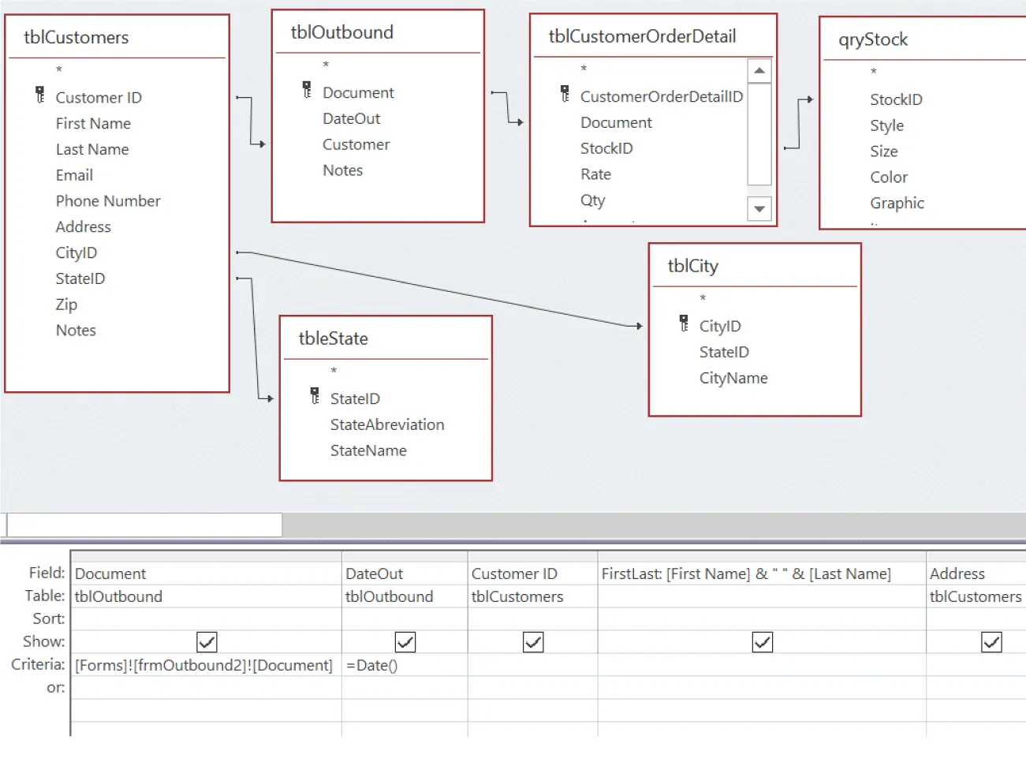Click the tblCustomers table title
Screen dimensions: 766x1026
(76, 37)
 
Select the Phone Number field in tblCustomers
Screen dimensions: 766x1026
(108, 201)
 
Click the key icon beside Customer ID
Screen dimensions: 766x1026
(40, 95)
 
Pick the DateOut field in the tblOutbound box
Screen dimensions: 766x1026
(351, 118)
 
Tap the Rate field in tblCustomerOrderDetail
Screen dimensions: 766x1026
(595, 174)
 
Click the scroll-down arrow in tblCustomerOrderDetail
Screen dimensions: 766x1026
(759, 209)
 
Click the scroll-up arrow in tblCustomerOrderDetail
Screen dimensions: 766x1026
(759, 71)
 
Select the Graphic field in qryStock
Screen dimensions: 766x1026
(897, 203)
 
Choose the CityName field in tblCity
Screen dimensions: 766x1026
(733, 378)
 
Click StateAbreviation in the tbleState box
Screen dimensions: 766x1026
(387, 424)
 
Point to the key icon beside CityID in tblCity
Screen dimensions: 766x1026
(684, 323)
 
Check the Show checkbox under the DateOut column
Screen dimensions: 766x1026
(405, 642)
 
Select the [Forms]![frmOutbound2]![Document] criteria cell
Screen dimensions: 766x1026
(203, 665)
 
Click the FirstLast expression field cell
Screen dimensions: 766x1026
(746, 574)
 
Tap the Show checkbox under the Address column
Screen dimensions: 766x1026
(991, 642)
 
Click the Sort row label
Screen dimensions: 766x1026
(49, 618)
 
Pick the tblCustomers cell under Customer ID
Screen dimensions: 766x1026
(517, 596)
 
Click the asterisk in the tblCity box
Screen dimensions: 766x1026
(703, 298)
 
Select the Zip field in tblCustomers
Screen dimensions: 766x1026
(66, 305)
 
